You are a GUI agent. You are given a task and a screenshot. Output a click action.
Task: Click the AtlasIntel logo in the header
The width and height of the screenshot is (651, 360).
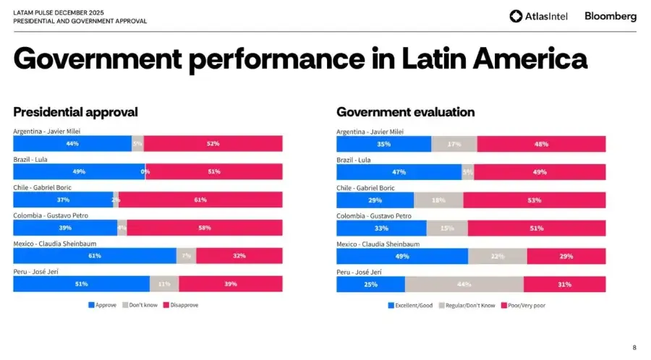pyautogui.click(x=540, y=16)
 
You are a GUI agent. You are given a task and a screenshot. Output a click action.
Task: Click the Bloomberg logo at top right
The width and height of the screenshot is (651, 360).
pyautogui.click(x=610, y=16)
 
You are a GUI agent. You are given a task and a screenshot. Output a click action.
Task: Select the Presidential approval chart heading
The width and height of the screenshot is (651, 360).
pyautogui.click(x=75, y=112)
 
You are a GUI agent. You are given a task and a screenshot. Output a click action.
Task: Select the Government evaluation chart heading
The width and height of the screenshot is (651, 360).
pyautogui.click(x=405, y=112)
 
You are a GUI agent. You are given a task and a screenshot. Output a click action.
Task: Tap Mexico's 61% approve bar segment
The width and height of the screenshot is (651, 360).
pyautogui.click(x=95, y=256)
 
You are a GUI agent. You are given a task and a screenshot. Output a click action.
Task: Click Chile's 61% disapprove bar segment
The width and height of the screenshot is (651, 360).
pyautogui.click(x=200, y=200)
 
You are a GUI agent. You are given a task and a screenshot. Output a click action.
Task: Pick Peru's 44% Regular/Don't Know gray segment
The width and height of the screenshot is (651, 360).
pyautogui.click(x=464, y=284)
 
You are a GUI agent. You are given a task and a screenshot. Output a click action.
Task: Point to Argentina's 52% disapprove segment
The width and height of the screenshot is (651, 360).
pyautogui.click(x=213, y=143)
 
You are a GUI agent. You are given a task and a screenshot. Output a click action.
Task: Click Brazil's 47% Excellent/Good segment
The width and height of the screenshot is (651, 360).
pyautogui.click(x=399, y=172)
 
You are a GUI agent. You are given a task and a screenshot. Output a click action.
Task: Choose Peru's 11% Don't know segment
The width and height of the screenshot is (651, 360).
pyautogui.click(x=164, y=284)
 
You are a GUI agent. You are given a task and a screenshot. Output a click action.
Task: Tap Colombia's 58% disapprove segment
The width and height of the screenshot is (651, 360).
pyautogui.click(x=205, y=228)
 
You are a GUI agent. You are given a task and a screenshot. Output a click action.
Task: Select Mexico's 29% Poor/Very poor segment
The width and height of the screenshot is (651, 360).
pyautogui.click(x=566, y=256)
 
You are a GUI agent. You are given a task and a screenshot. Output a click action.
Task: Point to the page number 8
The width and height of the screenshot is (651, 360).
pyautogui.click(x=634, y=347)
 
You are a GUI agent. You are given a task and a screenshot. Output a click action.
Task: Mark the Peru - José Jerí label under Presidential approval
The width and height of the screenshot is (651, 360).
pyautogui.click(x=40, y=272)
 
